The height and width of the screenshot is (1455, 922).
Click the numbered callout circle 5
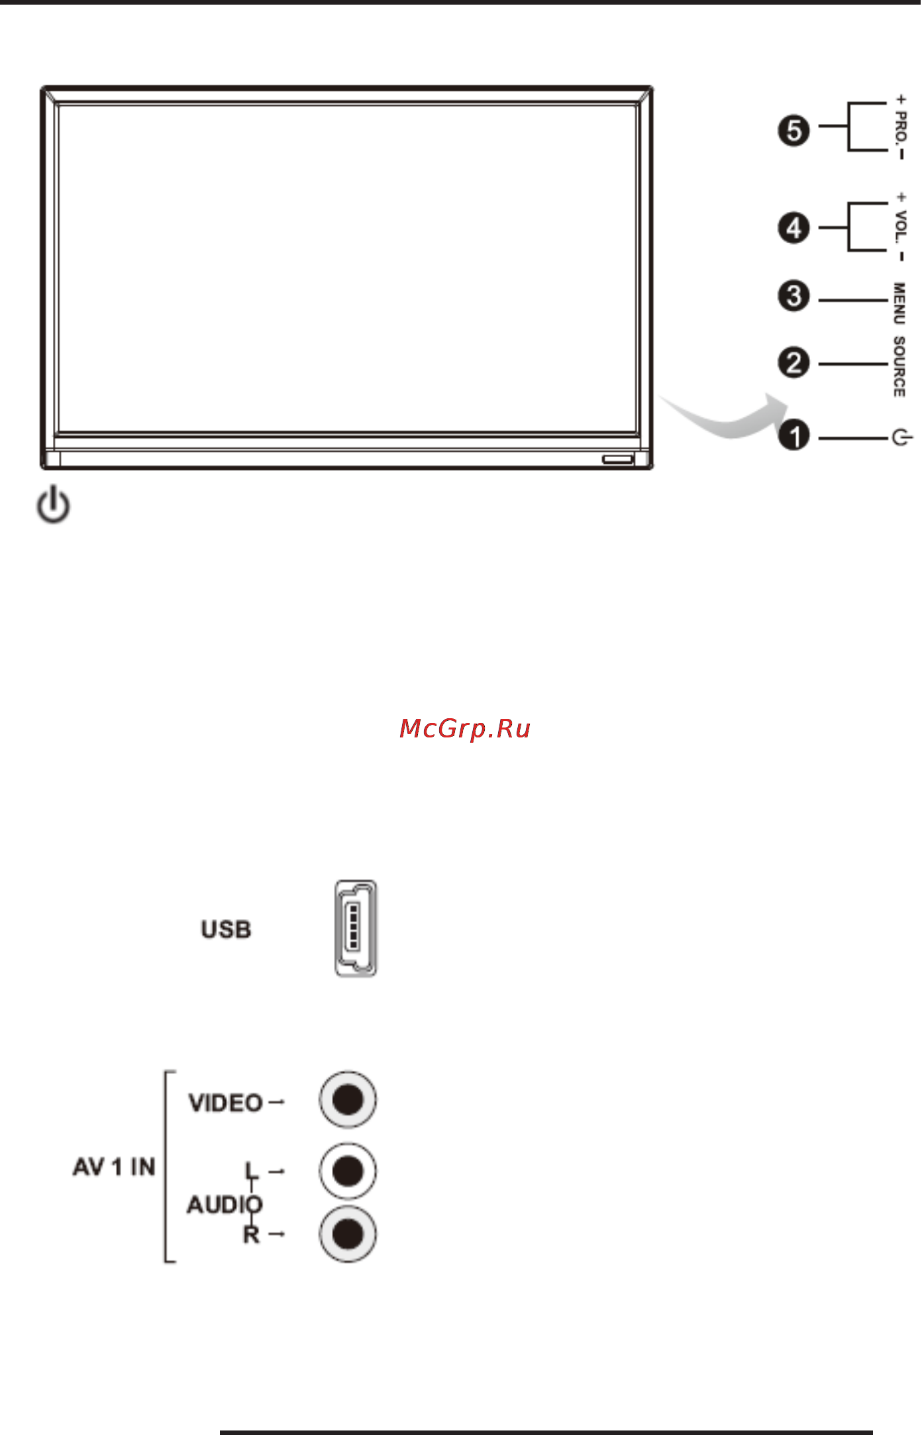click(794, 131)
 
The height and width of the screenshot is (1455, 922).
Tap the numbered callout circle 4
click(794, 229)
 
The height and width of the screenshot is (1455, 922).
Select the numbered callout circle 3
click(794, 296)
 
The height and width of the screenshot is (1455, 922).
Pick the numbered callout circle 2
click(794, 363)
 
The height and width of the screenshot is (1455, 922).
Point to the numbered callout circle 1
click(794, 435)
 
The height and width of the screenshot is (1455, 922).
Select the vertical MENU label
click(899, 303)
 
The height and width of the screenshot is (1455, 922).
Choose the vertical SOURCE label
click(899, 366)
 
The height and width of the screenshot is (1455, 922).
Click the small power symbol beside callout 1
click(902, 437)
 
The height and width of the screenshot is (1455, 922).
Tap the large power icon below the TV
click(53, 504)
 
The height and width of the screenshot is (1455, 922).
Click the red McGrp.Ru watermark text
click(465, 729)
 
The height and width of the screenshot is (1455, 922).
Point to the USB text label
click(226, 930)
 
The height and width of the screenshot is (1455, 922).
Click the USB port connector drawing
click(356, 928)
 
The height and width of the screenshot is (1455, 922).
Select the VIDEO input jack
click(348, 1100)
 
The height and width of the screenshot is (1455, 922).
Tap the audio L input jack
click(348, 1171)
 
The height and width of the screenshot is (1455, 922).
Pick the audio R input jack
click(348, 1234)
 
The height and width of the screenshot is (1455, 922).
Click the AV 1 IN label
click(114, 1167)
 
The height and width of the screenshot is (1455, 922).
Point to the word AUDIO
click(225, 1205)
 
